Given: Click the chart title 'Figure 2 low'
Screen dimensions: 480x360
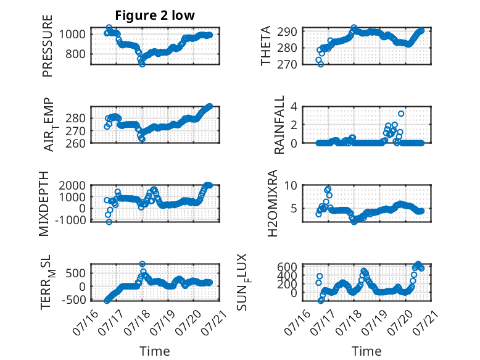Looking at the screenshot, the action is [x=155, y=15].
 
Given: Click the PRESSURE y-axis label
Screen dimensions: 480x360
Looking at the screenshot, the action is [x=48, y=46].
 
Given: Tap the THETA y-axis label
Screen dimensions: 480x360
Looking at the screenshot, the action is [x=266, y=46].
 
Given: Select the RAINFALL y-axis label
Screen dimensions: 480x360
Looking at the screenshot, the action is [x=279, y=125].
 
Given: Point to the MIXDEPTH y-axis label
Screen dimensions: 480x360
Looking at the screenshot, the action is [x=44, y=204].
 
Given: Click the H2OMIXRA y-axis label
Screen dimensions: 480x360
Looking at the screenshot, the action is [x=272, y=203].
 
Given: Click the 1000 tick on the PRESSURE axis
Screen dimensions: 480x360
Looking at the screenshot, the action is [x=72, y=34].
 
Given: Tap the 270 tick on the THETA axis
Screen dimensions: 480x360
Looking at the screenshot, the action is [x=287, y=64].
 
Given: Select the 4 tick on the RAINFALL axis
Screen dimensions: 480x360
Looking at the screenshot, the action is [x=294, y=107].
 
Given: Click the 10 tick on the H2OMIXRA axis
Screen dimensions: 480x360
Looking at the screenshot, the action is [x=291, y=185].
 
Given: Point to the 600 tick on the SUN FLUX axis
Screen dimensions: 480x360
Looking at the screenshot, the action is [x=287, y=267].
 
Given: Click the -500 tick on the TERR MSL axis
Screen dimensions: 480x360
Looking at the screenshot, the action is [x=74, y=299].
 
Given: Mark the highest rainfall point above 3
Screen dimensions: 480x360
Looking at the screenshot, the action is [x=401, y=114].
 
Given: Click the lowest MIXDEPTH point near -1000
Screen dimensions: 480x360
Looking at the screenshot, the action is [x=109, y=222].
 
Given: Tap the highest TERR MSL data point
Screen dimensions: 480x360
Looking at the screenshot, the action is [x=142, y=264].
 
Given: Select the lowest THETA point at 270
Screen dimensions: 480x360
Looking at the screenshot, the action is [x=320, y=64].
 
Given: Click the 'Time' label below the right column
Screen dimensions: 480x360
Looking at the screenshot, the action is [x=366, y=351].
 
